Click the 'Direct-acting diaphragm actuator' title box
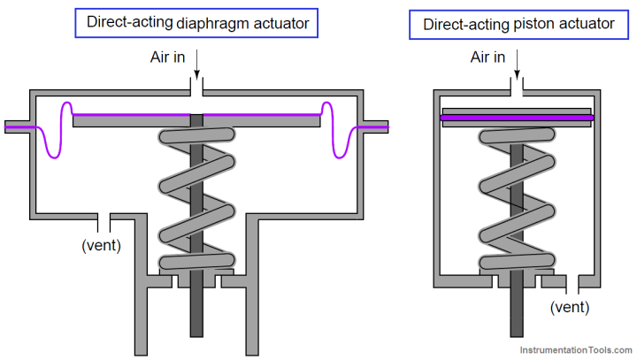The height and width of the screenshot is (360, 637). pyautogui.click(x=197, y=24)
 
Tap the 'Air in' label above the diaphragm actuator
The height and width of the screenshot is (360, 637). pyautogui.click(x=169, y=57)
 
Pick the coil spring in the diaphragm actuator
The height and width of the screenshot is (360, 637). pyautogui.click(x=196, y=199)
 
